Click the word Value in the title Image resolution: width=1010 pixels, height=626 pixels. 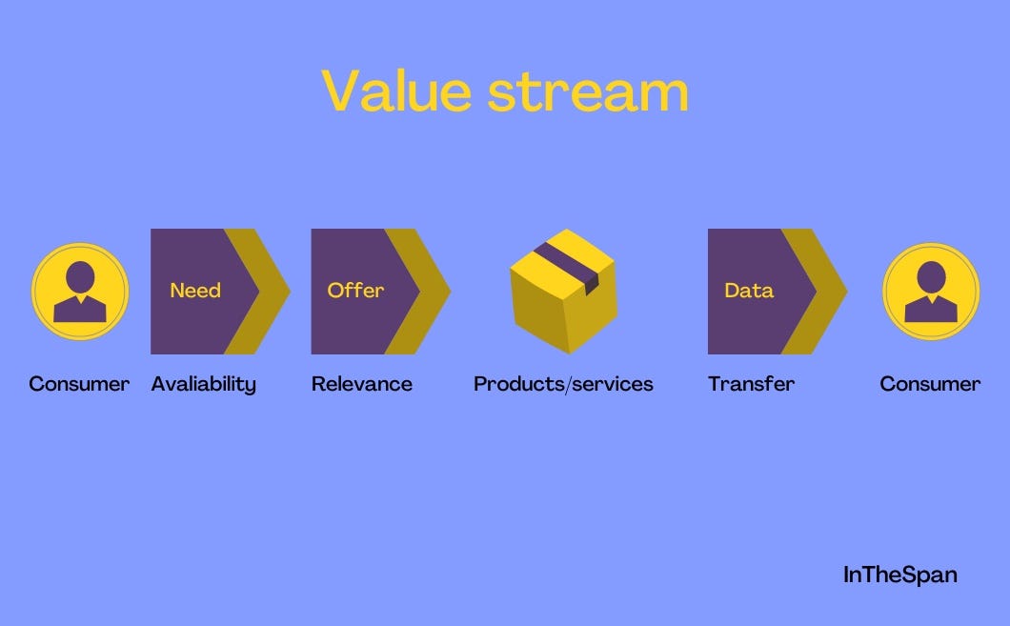396,91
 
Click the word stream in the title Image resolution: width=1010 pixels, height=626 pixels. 588,92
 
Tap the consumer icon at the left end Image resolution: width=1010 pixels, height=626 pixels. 80,292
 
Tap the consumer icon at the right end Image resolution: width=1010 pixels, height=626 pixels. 931,292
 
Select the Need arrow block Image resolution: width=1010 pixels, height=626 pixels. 212,292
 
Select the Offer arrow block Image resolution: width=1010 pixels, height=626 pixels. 374,292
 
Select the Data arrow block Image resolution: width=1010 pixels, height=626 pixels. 771,292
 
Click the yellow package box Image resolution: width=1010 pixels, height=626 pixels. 564,292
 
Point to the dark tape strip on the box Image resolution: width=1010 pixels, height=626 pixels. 568,267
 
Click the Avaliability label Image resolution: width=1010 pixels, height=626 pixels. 204,385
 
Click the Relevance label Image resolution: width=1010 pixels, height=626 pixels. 362,384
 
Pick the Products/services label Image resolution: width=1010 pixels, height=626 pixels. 564,384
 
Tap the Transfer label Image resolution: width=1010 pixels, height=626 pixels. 751,384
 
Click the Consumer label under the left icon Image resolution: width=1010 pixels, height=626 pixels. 79,384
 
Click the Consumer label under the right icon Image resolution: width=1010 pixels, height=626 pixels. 930,384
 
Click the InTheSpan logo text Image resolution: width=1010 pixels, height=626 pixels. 899,575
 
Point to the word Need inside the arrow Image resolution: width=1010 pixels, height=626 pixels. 195,291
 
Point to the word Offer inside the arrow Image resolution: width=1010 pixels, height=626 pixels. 355,290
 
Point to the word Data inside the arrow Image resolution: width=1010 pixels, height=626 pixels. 749,291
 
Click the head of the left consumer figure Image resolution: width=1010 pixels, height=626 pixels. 80,277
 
